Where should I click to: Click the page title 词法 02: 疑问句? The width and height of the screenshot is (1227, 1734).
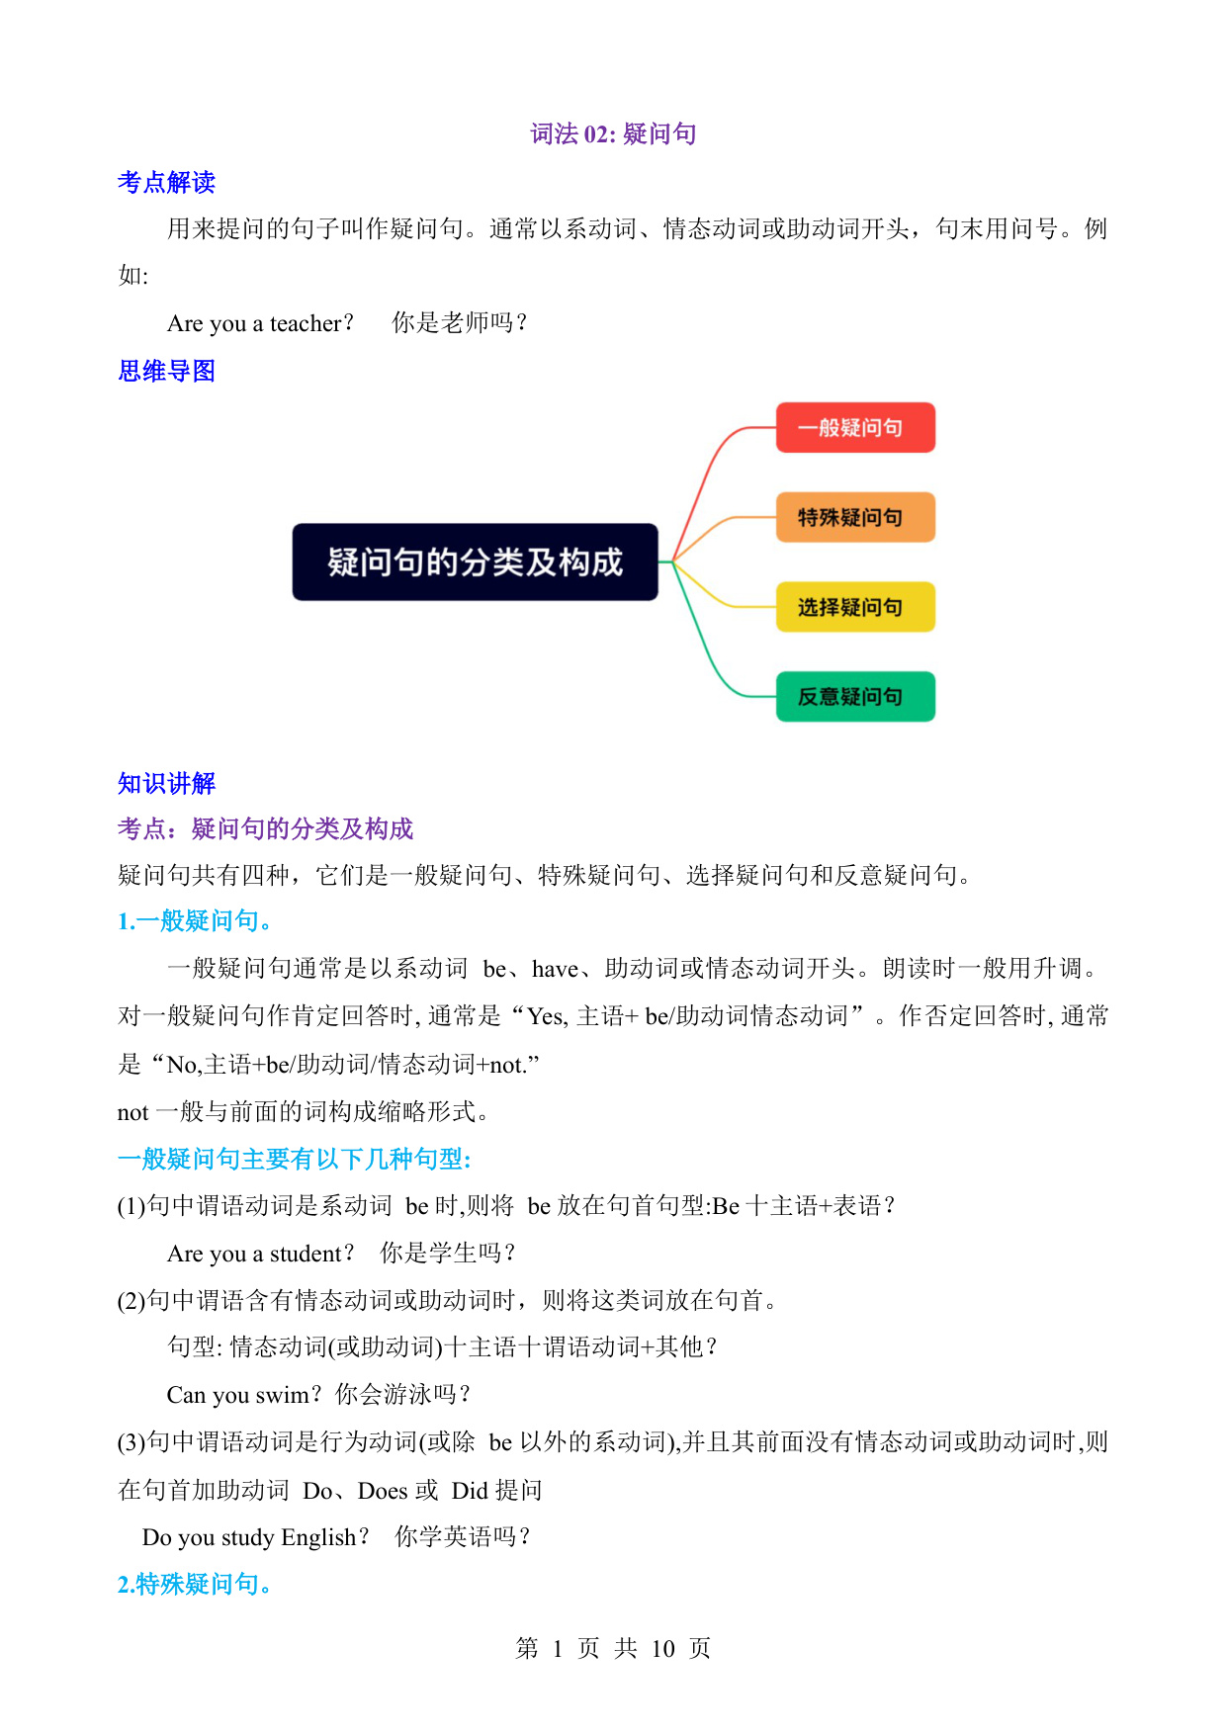coord(613,133)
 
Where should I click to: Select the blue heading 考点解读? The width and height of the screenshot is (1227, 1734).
coord(166,182)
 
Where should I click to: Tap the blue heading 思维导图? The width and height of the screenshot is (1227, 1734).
coord(166,371)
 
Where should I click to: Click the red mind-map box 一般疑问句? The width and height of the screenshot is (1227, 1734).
coord(855,427)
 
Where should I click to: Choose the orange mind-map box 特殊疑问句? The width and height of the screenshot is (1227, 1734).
coord(855,517)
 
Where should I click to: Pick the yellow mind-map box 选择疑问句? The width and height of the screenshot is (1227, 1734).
coord(855,607)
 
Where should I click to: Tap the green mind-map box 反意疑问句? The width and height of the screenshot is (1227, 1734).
coord(855,697)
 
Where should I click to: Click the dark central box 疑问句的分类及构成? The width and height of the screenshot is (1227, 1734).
coord(475,562)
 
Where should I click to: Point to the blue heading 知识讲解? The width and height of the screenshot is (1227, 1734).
coord(166,783)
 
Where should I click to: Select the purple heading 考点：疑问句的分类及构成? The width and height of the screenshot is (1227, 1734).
coord(265,828)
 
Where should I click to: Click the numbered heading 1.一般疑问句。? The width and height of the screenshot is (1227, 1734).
coord(195,921)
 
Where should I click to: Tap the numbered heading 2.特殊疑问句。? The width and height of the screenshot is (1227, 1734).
coord(195,1584)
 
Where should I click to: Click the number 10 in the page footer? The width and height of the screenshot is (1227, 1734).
coord(662,1649)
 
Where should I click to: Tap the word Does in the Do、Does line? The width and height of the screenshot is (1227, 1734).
coord(383,1491)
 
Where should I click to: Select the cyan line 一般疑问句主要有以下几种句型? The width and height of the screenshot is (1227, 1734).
coord(295,1159)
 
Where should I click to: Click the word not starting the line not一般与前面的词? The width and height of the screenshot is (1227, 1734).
coord(132,1113)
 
